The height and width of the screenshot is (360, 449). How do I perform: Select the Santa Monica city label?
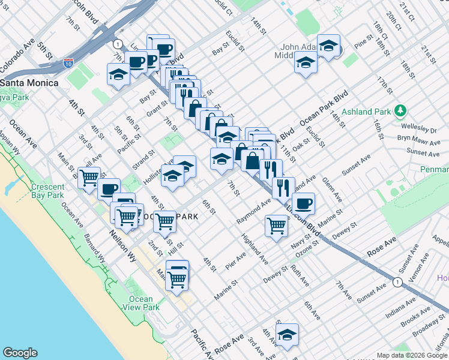[x=29, y=83]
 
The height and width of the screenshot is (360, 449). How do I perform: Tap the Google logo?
[x=20, y=353]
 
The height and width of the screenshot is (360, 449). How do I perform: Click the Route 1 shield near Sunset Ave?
[x=397, y=281]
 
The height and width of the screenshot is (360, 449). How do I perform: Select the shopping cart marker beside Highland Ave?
[x=276, y=226]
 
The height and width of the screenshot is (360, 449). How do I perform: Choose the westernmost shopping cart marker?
[x=89, y=178]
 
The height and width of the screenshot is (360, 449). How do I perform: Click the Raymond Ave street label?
[x=253, y=214]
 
